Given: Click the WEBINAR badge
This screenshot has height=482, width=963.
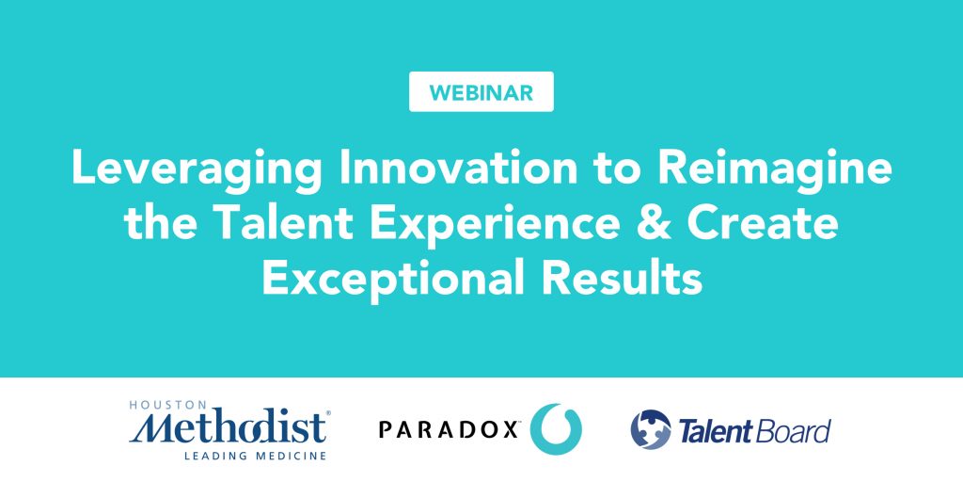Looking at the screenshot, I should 481,92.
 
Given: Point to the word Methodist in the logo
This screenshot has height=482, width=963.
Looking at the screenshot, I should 229,427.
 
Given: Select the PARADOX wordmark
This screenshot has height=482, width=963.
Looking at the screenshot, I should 449,429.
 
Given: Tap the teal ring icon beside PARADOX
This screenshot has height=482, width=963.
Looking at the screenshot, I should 556,428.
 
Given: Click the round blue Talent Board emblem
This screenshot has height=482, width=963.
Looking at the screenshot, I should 650,430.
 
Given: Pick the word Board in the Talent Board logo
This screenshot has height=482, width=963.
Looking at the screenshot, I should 795,431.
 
